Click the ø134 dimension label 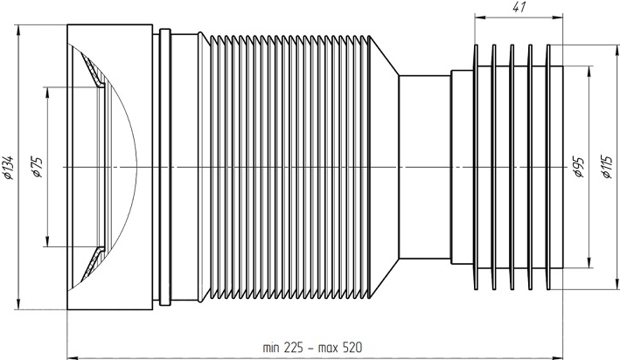tap(9, 168)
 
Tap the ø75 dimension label tap(38, 167)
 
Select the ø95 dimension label tap(579, 167)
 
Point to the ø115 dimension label tap(607, 166)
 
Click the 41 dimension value tap(519, 7)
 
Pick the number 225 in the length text tap(294, 348)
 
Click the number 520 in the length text tap(352, 348)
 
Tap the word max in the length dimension tap(328, 349)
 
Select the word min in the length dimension tap(271, 348)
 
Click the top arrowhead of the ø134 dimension tap(18, 30)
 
